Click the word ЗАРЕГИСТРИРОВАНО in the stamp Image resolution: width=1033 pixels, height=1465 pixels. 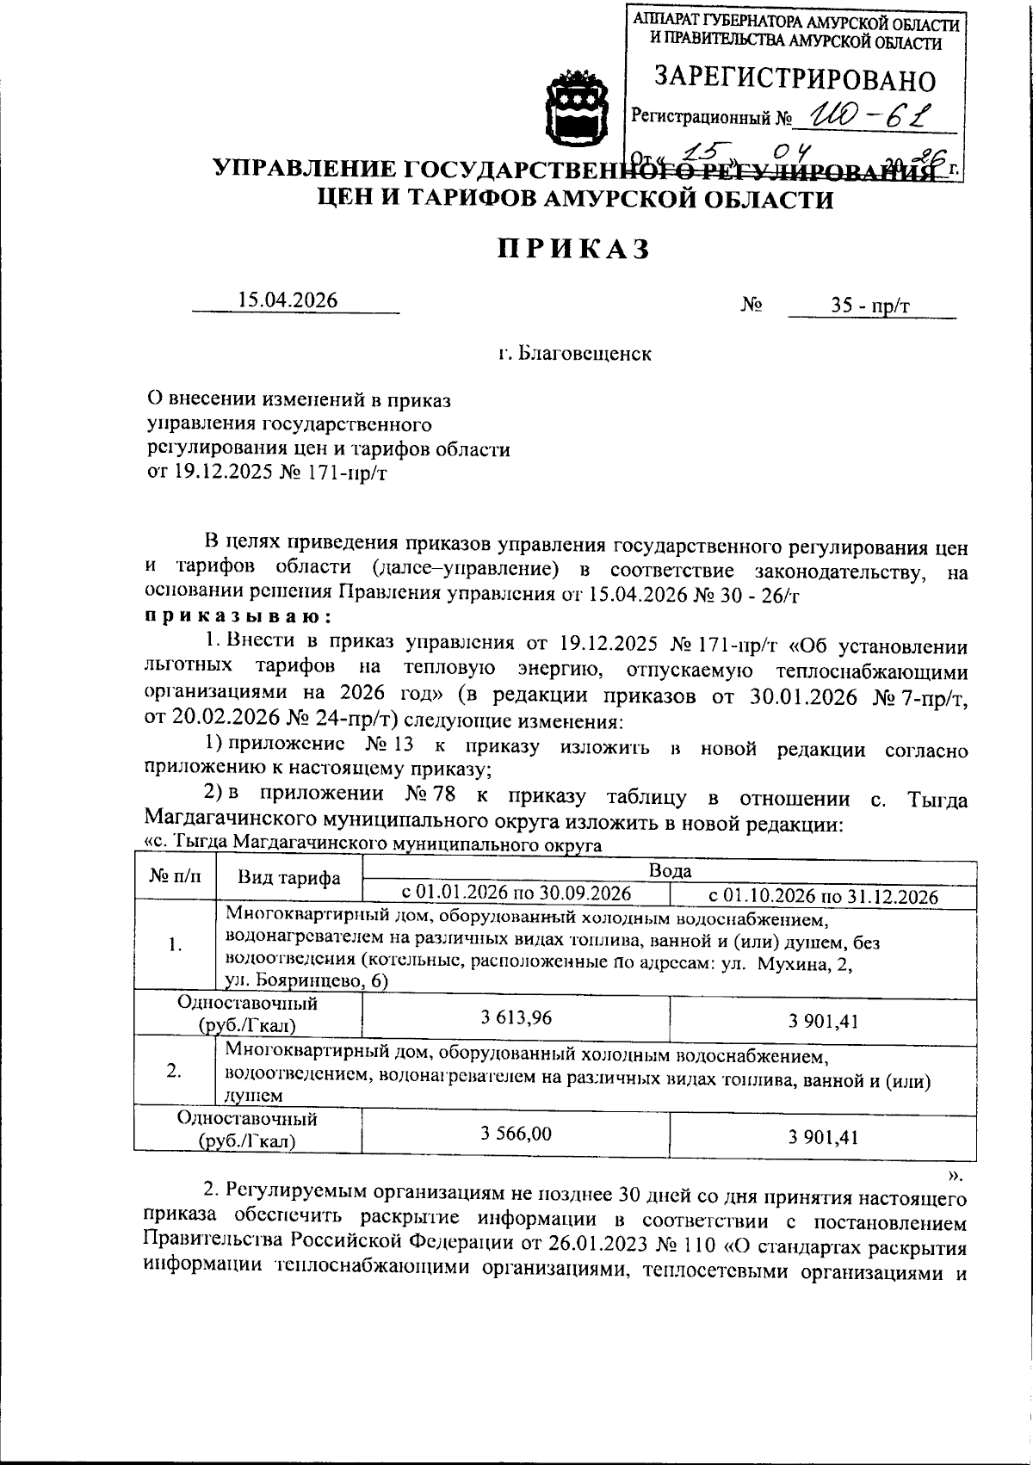click(795, 80)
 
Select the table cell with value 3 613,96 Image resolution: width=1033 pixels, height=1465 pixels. click(516, 1018)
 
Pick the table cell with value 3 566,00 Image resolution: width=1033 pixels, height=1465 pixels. click(516, 1134)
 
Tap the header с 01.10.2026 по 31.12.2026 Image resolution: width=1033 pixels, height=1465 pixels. click(822, 895)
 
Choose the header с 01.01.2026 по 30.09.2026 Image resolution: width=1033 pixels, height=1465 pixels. click(516, 893)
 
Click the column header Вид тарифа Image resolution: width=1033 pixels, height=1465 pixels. click(288, 879)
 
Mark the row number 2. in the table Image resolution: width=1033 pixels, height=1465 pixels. click(174, 1072)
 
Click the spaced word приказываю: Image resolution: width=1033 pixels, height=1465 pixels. click(234, 617)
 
